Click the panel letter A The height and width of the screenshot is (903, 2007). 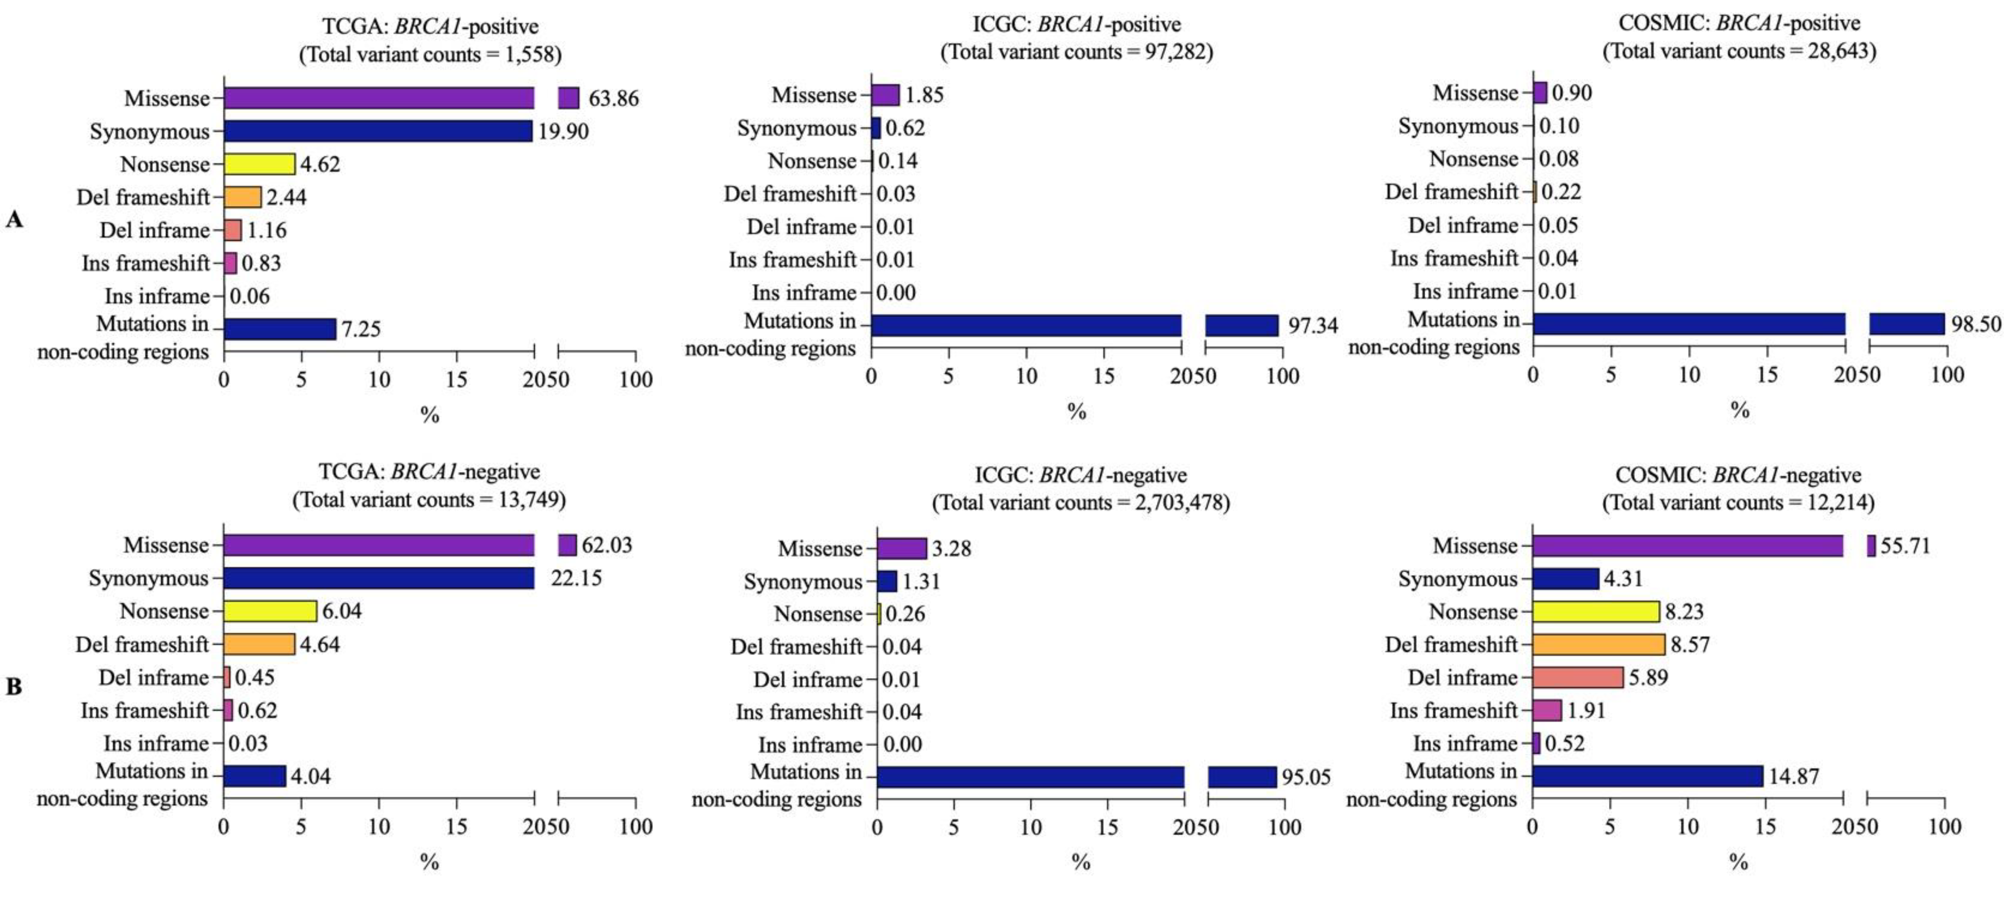click(14, 220)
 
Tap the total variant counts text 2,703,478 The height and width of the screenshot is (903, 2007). click(1080, 503)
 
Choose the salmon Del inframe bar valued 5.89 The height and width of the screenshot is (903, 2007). click(1578, 677)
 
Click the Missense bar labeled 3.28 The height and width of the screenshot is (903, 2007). click(901, 549)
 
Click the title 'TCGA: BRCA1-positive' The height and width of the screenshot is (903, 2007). click(430, 26)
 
